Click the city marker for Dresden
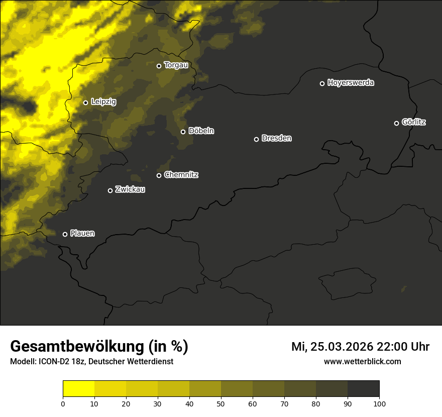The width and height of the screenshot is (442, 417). [256, 139]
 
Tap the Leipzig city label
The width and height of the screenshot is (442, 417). [103, 102]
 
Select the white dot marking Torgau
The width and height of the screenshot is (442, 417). [159, 66]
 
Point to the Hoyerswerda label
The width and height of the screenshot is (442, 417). [351, 83]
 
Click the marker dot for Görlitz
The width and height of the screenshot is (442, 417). [396, 123]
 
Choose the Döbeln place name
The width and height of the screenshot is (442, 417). [201, 131]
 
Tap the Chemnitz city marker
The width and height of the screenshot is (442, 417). [159, 175]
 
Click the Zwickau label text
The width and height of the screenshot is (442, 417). [130, 190]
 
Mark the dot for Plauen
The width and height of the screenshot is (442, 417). [65, 234]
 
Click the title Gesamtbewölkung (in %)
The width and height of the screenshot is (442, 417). [99, 346]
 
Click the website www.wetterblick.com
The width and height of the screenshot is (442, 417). [362, 361]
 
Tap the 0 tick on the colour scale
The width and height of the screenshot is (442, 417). [63, 403]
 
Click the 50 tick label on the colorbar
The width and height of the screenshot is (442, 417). [221, 403]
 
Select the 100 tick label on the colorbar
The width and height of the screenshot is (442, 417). [379, 403]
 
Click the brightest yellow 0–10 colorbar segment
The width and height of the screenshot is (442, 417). [78, 388]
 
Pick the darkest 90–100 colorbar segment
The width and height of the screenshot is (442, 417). [363, 388]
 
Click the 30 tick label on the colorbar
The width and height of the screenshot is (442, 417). [158, 403]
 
